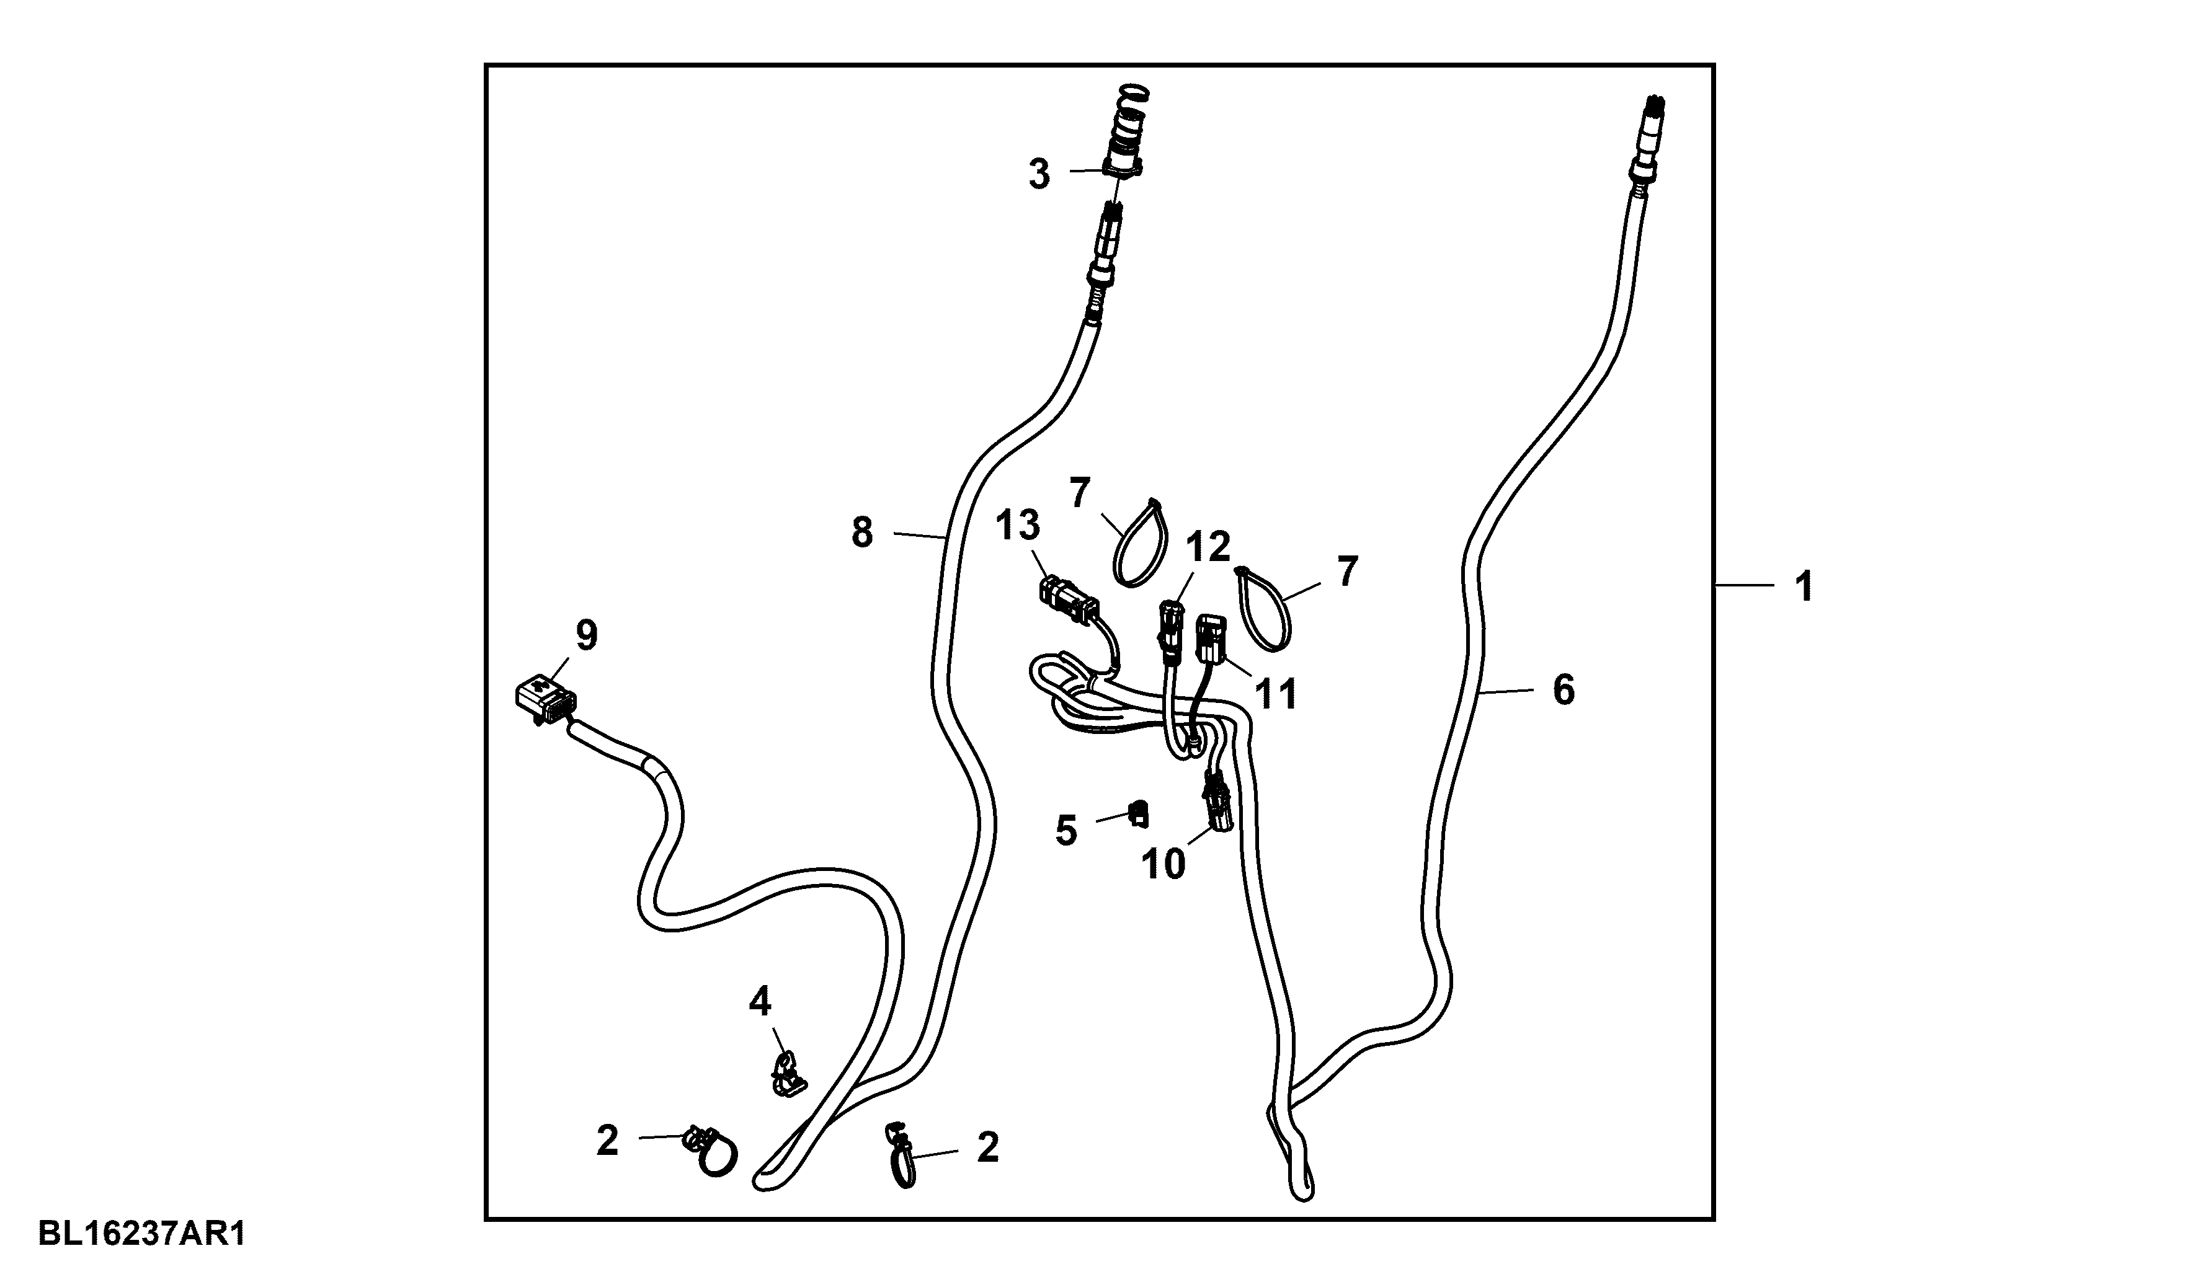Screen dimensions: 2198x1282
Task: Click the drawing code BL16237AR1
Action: point(142,1234)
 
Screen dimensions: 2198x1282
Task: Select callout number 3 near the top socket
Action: point(1039,174)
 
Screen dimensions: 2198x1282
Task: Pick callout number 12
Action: point(1207,547)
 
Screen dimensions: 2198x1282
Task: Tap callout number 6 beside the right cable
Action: point(1564,690)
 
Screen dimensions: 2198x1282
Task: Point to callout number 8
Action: point(861,532)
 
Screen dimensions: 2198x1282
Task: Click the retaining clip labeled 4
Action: point(787,1074)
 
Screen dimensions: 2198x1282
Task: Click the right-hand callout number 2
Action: point(987,1147)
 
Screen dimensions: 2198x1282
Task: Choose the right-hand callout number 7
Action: point(1348,572)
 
